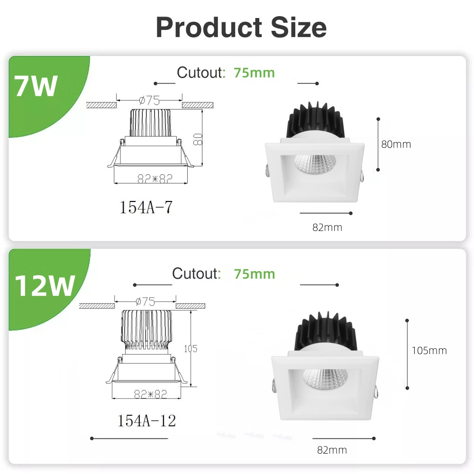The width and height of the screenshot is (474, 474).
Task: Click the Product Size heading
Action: [x=241, y=27]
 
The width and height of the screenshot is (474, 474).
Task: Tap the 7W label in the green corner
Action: [x=36, y=87]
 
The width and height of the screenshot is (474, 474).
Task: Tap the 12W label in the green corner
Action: [x=44, y=286]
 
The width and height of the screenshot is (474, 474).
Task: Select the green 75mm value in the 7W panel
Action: [x=254, y=73]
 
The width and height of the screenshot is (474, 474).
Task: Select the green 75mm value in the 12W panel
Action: [x=254, y=274]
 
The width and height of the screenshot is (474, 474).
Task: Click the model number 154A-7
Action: [x=146, y=207]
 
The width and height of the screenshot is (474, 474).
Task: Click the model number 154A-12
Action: [x=147, y=419]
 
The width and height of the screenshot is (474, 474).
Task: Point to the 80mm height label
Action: [x=396, y=144]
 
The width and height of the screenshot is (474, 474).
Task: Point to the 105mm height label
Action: [x=429, y=351]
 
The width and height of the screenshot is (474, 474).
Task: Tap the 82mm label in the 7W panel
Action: [x=327, y=228]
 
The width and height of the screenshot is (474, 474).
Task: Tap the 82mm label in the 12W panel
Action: [x=332, y=450]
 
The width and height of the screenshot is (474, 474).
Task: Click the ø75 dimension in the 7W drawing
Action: [x=149, y=100]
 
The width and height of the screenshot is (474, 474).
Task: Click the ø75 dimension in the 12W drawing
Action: [x=146, y=301]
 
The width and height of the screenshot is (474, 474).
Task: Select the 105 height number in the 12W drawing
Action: [x=190, y=349]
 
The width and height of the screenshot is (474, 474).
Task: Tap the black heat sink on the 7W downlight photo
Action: [x=314, y=121]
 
